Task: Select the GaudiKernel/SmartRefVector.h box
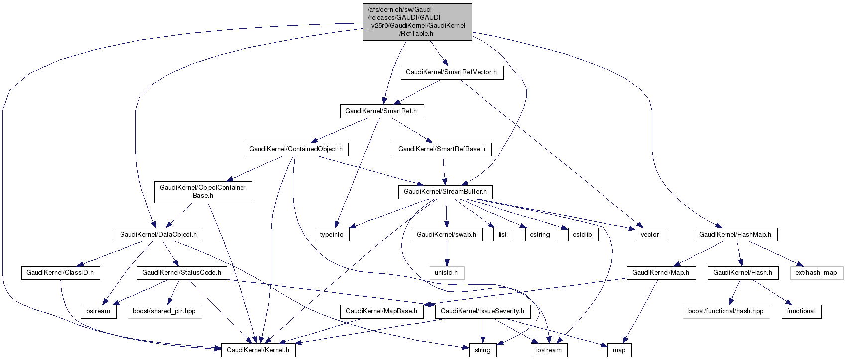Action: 452,72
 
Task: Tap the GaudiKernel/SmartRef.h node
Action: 381,111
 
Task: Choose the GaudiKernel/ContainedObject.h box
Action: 296,149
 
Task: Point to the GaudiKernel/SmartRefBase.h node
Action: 442,149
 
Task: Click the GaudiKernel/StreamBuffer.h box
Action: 445,192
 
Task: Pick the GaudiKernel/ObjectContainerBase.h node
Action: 203,192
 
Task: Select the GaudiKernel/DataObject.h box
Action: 158,235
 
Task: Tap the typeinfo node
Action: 332,235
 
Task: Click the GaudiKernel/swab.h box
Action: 447,235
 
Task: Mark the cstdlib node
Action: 583,235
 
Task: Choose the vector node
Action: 650,235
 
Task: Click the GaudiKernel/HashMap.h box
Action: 735,235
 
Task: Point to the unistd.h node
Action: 447,273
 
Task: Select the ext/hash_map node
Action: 816,273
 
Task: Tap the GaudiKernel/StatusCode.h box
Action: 182,273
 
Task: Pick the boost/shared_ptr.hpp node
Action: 164,311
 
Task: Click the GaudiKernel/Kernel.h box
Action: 258,350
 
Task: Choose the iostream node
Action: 549,350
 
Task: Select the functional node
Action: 801,311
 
